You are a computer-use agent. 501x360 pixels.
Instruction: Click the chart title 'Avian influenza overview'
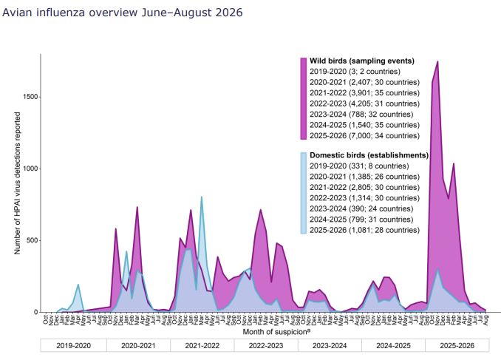click(x=69, y=12)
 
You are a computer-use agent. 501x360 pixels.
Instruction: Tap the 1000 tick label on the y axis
click(x=31, y=169)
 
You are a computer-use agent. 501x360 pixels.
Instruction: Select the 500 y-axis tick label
click(x=33, y=240)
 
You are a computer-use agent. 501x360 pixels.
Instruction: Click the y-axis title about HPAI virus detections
click(x=17, y=183)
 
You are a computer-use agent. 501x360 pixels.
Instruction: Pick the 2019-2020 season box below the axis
click(x=73, y=345)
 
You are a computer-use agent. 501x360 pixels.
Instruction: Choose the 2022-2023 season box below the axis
click(x=266, y=345)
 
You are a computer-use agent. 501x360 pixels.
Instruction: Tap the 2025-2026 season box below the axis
click(x=457, y=345)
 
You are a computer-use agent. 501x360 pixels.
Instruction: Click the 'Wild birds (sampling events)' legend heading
click(x=362, y=61)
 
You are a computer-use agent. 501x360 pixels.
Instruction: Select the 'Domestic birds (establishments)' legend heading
click(x=369, y=155)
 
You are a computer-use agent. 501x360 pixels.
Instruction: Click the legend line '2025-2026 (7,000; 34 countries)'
click(x=364, y=135)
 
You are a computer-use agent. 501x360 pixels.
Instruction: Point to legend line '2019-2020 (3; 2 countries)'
click(x=355, y=71)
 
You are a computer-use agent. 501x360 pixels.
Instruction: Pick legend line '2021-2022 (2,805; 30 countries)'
click(x=364, y=187)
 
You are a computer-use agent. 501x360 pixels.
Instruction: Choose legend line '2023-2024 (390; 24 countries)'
click(x=361, y=208)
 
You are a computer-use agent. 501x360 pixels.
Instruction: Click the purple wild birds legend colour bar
click(x=304, y=98)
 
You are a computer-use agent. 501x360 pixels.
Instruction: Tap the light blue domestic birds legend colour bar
click(x=304, y=193)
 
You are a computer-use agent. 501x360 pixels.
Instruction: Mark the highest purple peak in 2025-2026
click(x=437, y=61)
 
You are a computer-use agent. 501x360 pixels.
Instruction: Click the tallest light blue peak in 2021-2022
click(x=201, y=197)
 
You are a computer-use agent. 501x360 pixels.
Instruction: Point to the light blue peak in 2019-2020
click(x=78, y=285)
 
